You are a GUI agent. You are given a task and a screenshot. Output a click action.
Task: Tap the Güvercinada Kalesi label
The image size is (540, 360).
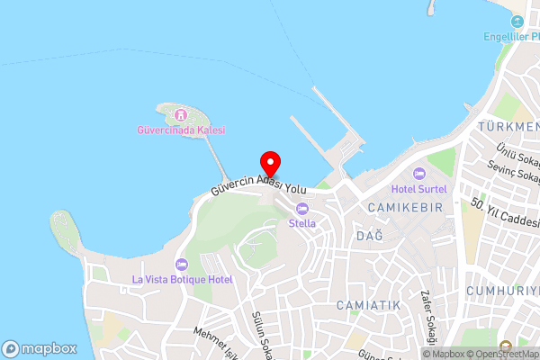click(x=182, y=130)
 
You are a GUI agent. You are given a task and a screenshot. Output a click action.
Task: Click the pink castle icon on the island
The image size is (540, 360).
click(x=181, y=114)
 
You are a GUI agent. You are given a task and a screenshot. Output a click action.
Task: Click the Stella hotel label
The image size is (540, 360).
click(x=302, y=223)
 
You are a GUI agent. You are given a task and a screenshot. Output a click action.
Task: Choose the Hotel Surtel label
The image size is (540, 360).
click(x=418, y=189)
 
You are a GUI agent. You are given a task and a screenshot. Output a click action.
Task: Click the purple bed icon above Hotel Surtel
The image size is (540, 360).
click(x=418, y=174)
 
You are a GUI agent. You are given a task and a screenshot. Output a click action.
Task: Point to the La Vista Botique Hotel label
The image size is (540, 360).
click(x=182, y=279)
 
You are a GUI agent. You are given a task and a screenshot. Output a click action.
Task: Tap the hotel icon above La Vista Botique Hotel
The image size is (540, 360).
click(x=182, y=265)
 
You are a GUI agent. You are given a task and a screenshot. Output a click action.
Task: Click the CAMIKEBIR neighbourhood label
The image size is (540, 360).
click(x=405, y=207)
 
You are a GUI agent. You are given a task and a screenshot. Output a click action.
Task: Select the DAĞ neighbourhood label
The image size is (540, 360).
click(x=370, y=235)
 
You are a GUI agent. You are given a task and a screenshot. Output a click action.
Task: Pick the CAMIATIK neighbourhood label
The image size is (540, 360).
click(x=368, y=306)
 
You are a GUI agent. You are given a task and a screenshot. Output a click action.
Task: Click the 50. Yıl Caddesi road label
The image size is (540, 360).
click(x=505, y=213)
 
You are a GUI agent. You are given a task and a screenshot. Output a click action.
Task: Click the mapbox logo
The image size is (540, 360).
click(x=39, y=348)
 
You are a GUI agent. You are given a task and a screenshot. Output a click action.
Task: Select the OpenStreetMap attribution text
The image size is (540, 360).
click(x=501, y=354)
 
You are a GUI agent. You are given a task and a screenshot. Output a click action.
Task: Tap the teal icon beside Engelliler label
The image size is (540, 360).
click(x=517, y=22)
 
